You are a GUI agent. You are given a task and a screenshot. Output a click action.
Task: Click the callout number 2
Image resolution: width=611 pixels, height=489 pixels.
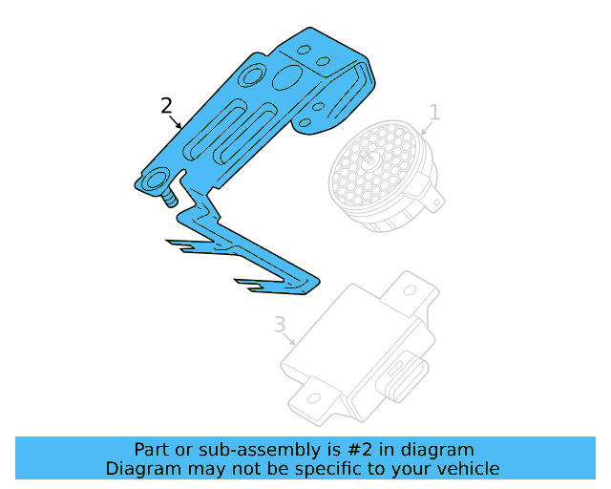tap(166, 105)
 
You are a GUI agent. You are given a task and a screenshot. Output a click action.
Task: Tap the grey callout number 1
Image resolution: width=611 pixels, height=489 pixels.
tap(434, 114)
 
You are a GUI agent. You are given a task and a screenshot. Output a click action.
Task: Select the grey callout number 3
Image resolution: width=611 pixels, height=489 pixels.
tap(280, 325)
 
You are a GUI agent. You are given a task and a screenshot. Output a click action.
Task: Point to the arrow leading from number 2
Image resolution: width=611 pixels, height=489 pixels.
tap(178, 121)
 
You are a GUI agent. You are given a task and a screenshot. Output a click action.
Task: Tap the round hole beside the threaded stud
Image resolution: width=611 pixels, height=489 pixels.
tap(156, 179)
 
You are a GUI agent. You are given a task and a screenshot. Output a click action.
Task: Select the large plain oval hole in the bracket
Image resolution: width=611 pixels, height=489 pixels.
tap(284, 77)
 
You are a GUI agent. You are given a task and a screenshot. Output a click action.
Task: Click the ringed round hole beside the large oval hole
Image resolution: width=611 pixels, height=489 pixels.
tap(255, 75)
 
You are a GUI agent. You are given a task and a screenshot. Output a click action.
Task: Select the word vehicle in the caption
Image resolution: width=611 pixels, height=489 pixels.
tap(465, 468)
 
